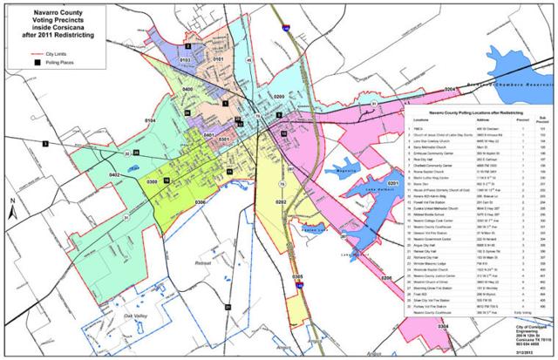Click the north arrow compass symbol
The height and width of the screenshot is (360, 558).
[12, 209]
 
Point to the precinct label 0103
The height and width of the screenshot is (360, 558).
[184, 58]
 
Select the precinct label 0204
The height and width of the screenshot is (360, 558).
[450, 90]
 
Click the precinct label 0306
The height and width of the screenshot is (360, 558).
[201, 203]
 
